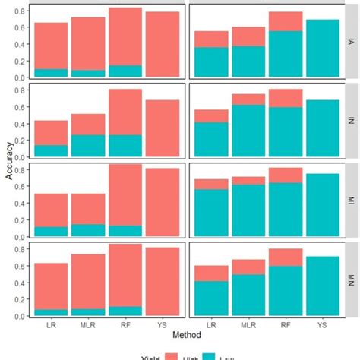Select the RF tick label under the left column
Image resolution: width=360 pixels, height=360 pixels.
coord(125,324)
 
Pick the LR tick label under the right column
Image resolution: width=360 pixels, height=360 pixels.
coord(210,324)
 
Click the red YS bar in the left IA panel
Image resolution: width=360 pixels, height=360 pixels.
coord(163,44)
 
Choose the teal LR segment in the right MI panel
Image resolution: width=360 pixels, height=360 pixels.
coord(210,213)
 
